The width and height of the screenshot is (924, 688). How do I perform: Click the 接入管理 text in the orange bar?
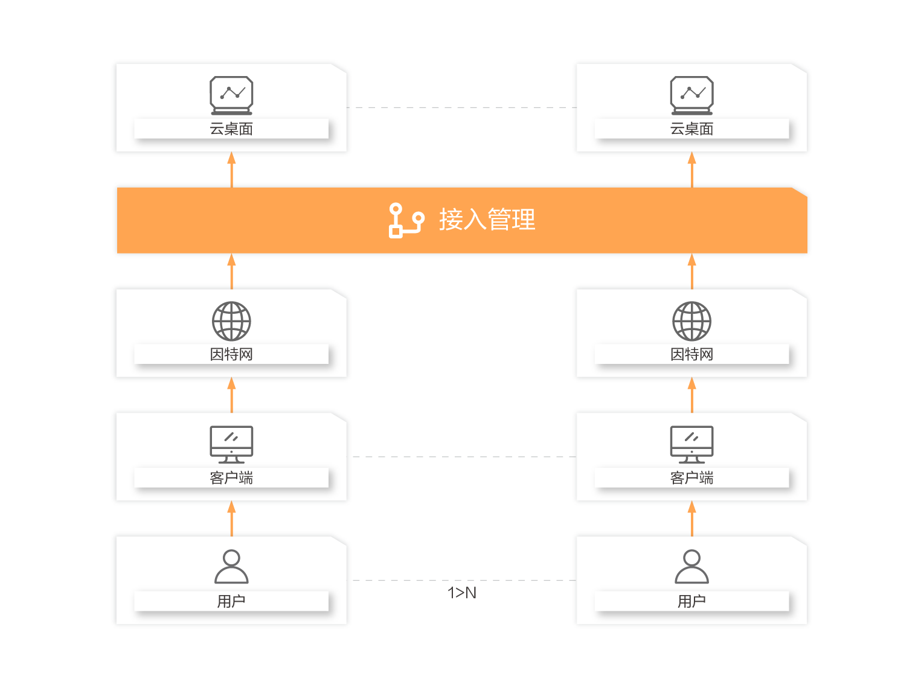pyautogui.click(x=487, y=220)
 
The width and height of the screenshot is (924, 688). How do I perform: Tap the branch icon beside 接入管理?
pyautogui.click(x=406, y=220)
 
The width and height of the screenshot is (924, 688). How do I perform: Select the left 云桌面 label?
pyautogui.click(x=231, y=129)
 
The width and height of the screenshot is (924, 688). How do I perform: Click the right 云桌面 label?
pyautogui.click(x=691, y=129)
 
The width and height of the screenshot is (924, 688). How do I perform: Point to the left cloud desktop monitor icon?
pyautogui.click(x=231, y=95)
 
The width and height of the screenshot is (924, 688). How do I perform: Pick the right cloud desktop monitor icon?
pyautogui.click(x=691, y=95)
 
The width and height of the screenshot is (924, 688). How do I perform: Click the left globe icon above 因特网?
pyautogui.click(x=231, y=321)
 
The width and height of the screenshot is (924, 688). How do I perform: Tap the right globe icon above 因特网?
pyautogui.click(x=691, y=321)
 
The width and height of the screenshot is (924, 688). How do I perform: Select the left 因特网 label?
pyautogui.click(x=231, y=354)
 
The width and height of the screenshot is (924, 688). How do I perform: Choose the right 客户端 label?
pyautogui.click(x=691, y=478)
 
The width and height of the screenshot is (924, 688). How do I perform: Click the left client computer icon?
pyautogui.click(x=231, y=444)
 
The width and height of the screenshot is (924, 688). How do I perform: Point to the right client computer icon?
pyautogui.click(x=691, y=444)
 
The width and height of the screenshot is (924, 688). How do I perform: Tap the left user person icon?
pyautogui.click(x=231, y=567)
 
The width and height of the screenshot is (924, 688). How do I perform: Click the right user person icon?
pyautogui.click(x=691, y=567)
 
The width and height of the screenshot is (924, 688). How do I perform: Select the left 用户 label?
pyautogui.click(x=231, y=601)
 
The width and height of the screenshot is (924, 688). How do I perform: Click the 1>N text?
pyautogui.click(x=462, y=593)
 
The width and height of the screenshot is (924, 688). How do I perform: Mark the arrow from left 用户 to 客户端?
pyautogui.click(x=231, y=519)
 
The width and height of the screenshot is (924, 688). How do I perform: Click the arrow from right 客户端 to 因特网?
pyautogui.click(x=691, y=395)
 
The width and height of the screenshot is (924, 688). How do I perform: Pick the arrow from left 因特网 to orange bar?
pyautogui.click(x=231, y=272)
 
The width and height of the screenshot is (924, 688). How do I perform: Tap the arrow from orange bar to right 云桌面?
pyautogui.click(x=691, y=170)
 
